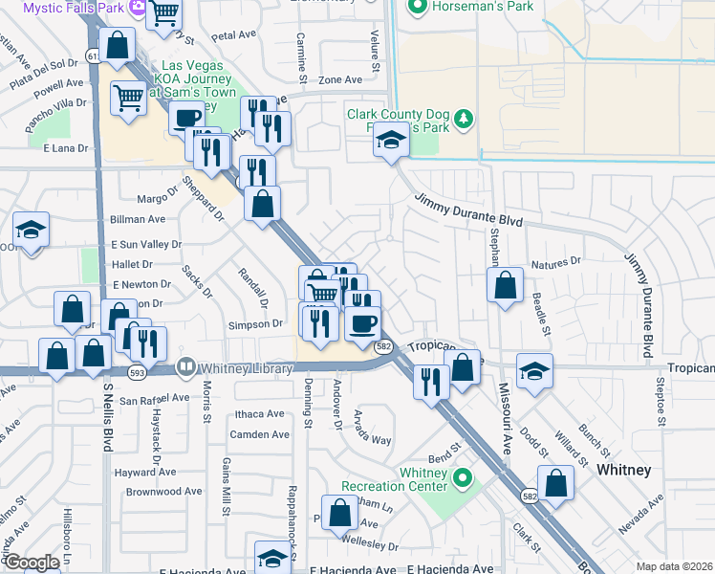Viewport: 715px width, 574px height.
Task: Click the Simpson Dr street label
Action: (255, 324)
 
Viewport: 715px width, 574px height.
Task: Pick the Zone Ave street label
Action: (340, 80)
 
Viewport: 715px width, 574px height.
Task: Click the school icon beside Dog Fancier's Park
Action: (390, 141)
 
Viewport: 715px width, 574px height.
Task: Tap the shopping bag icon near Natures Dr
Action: (505, 284)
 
